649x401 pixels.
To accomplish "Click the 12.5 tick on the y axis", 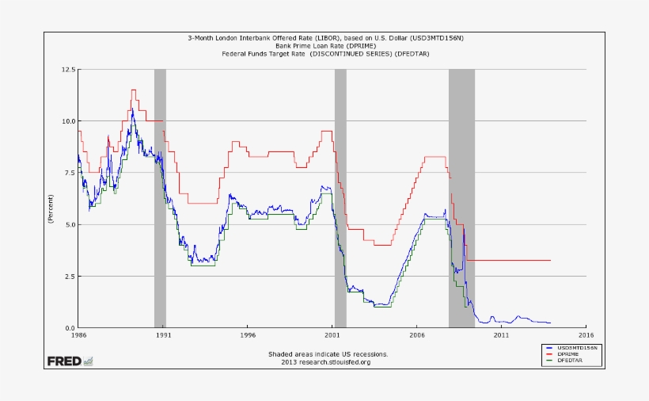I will click(x=67, y=70).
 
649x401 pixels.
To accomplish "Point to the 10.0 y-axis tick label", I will click(x=67, y=121).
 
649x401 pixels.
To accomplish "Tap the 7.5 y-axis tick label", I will click(x=69, y=173).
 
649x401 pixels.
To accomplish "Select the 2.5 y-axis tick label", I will click(x=69, y=277).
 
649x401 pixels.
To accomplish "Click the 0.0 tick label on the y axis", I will click(x=69, y=328).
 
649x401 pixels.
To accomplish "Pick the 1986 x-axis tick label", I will click(x=78, y=336).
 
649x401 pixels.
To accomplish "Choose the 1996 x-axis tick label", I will click(x=248, y=336).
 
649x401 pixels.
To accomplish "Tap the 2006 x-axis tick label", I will click(x=417, y=336).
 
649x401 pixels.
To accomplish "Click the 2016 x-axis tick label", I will click(x=586, y=336).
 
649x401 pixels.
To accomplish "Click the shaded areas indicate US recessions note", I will click(x=328, y=354).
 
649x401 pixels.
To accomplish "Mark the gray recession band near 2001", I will click(x=340, y=198).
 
